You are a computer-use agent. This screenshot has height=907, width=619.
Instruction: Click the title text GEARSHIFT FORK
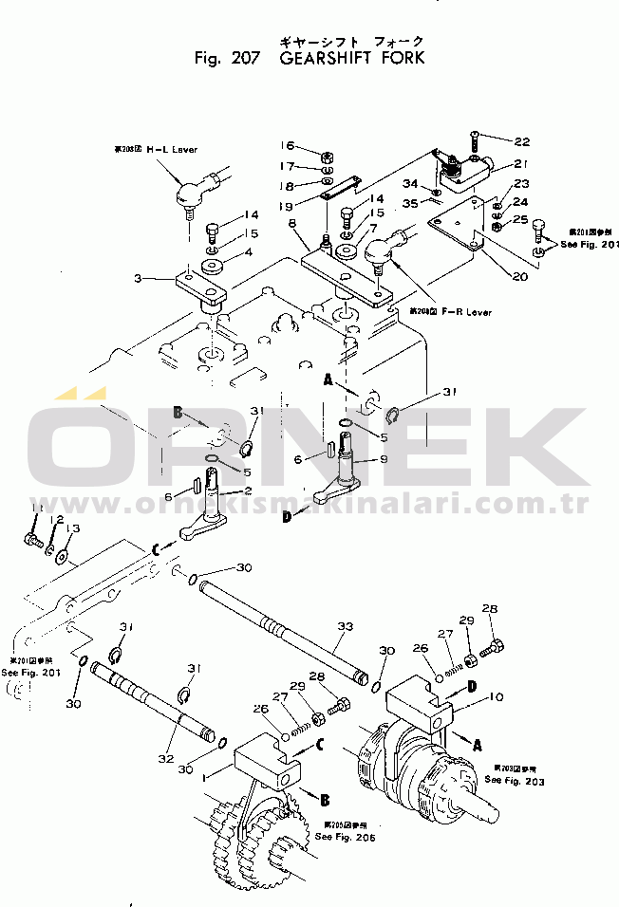point(352,58)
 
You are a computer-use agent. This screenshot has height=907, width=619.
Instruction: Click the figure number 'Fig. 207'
point(226,58)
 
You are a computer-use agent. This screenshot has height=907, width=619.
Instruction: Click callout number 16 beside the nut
point(288,145)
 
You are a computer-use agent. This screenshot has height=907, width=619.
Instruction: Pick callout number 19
point(286,204)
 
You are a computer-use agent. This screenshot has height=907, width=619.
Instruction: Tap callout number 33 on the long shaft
point(345,626)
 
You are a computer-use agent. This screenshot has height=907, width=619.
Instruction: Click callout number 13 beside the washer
point(73,528)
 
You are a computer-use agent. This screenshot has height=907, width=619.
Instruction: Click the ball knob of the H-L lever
point(186,194)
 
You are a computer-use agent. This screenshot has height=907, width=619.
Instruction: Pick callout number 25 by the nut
point(521,220)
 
